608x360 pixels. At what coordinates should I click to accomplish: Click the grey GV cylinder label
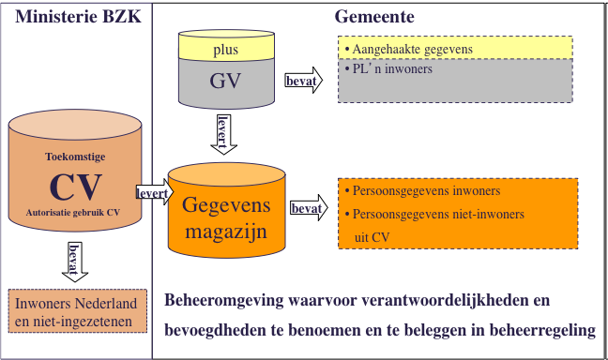pos(226,82)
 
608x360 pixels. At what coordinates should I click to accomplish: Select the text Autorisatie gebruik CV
pos(76,215)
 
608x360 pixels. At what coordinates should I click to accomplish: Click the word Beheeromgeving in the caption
pos(219,303)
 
